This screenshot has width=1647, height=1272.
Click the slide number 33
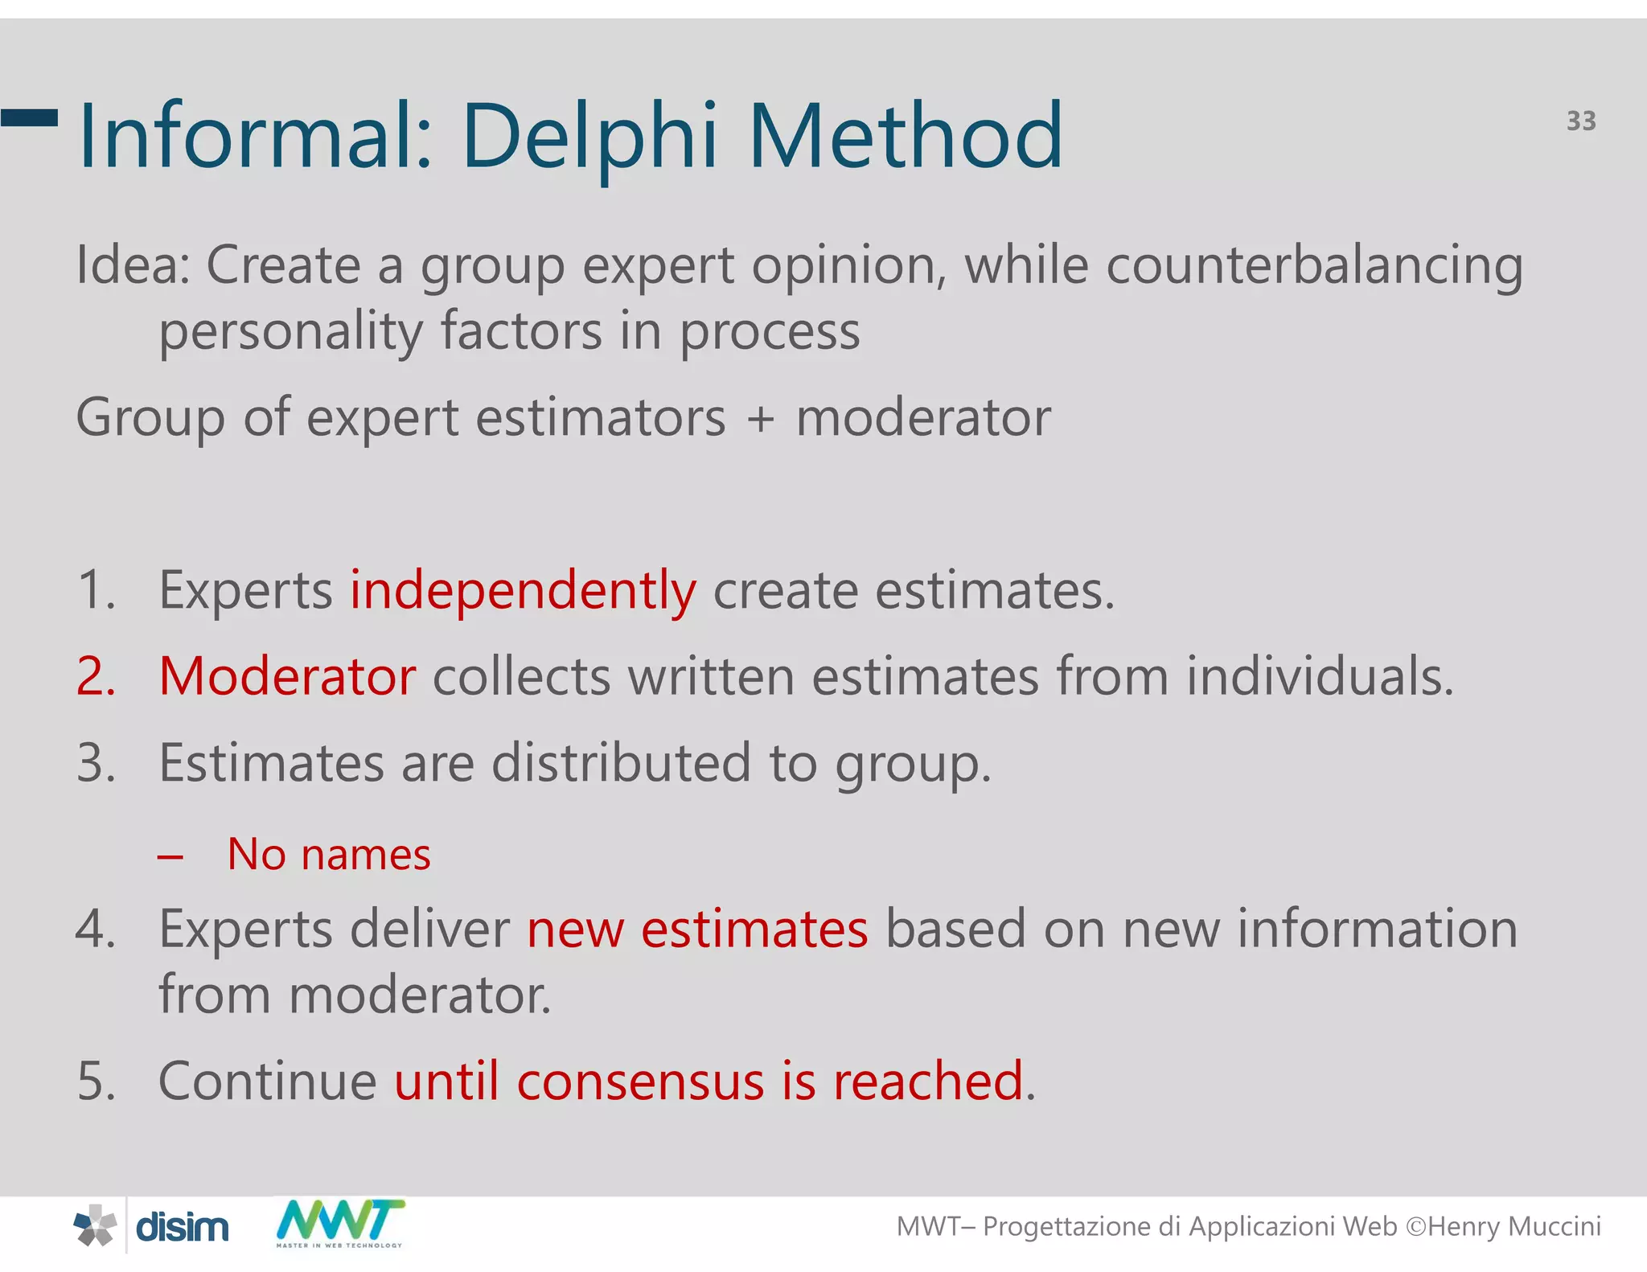click(x=1580, y=121)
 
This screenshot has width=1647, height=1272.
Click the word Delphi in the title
click(x=589, y=137)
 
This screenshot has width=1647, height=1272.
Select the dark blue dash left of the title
click(x=30, y=118)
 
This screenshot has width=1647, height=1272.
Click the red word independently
click(x=523, y=591)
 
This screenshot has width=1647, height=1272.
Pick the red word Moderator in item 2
click(x=287, y=676)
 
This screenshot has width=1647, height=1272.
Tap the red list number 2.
click(x=96, y=676)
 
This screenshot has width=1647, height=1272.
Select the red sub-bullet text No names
click(x=328, y=854)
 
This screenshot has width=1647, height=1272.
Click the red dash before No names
click(x=170, y=857)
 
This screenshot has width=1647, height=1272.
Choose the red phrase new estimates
click(x=697, y=929)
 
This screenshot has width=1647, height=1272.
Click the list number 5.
click(x=96, y=1081)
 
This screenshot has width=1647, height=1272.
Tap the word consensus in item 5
click(x=639, y=1081)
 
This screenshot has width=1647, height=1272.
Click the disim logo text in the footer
click(x=182, y=1228)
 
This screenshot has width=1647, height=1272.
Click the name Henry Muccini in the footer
click(x=1514, y=1226)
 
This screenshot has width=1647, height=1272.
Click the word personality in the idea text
click(x=290, y=331)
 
